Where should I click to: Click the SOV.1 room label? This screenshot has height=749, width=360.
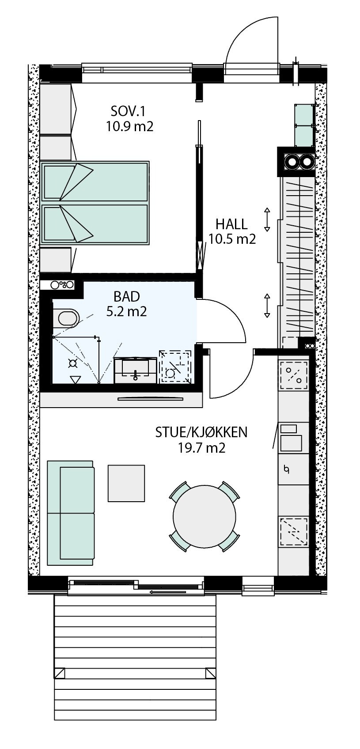tap(129, 110)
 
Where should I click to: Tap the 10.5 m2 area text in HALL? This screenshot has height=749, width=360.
tap(232, 239)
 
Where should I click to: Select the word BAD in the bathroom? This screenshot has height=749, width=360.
tap(126, 295)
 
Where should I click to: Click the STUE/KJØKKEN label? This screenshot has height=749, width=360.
tap(201, 432)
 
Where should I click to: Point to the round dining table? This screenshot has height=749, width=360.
tap(205, 516)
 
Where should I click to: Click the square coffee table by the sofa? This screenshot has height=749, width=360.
tap(126, 483)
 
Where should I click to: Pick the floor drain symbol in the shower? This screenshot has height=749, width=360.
tap(72, 363)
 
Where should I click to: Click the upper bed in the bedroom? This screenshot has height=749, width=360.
tap(95, 181)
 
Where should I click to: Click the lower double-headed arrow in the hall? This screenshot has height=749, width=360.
tap(267, 305)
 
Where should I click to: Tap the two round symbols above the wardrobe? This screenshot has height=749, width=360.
tap(299, 162)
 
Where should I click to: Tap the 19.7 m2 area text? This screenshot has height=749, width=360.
tap(201, 448)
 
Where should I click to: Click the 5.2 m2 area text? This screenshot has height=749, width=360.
tap(126, 311)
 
